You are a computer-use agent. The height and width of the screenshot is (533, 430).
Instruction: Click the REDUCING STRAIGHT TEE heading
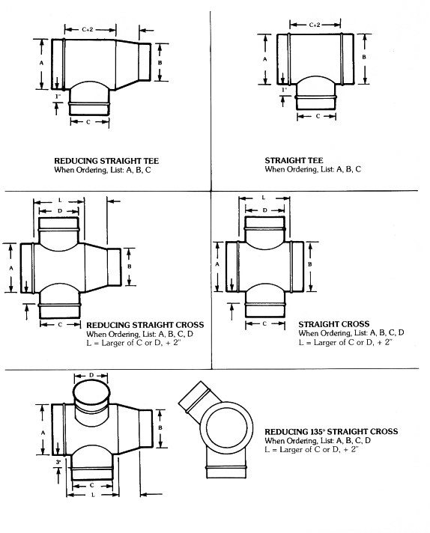pyautogui.click(x=106, y=161)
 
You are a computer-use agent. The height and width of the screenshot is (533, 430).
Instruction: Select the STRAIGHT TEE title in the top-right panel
pyautogui.click(x=294, y=160)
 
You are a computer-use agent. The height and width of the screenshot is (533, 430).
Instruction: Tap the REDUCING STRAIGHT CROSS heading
pyautogui.click(x=145, y=325)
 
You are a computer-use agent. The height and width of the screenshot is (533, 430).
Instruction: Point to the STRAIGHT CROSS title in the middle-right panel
pyautogui.click(x=333, y=324)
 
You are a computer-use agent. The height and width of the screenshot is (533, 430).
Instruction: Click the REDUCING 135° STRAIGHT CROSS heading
pyautogui.click(x=331, y=432)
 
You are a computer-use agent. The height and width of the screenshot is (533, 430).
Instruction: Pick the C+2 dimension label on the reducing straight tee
pyautogui.click(x=88, y=30)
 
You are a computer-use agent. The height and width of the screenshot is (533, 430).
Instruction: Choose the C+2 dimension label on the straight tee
pyautogui.click(x=315, y=25)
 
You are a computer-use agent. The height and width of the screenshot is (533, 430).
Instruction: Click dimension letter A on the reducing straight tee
pyautogui.click(x=41, y=63)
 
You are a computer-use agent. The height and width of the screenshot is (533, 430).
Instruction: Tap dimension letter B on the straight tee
pyautogui.click(x=364, y=57)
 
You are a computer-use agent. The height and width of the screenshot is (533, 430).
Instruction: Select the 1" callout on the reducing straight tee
pyautogui.click(x=58, y=97)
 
